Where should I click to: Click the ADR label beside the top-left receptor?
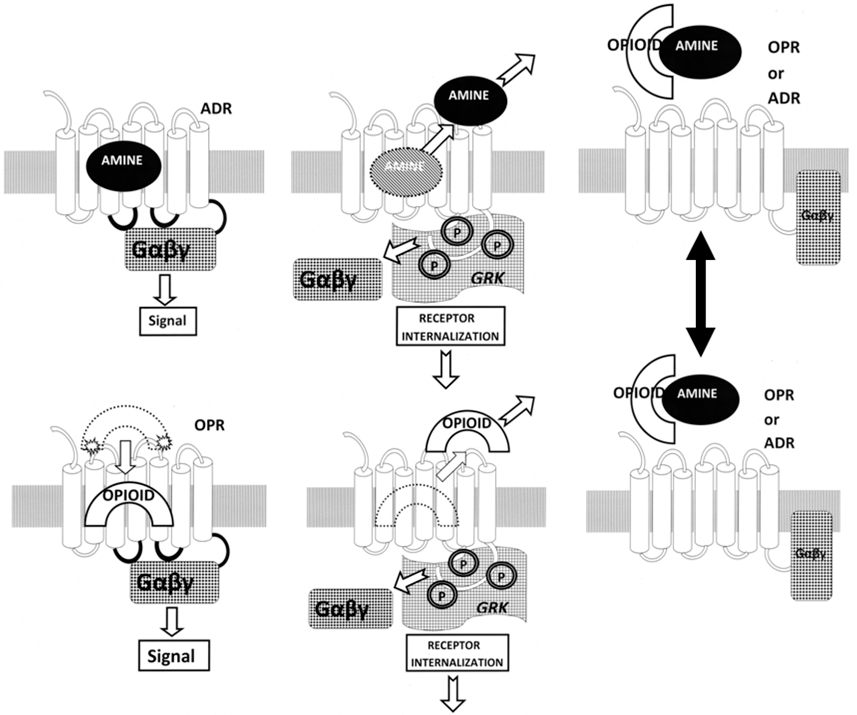[216, 108]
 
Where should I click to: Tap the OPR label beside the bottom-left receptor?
[209, 425]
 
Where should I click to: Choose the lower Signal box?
[174, 655]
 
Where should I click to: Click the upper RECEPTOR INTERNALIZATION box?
[450, 326]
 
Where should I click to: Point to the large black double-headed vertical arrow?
[700, 294]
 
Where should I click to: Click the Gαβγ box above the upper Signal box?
[170, 249]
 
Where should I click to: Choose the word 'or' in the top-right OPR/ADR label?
[775, 74]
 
